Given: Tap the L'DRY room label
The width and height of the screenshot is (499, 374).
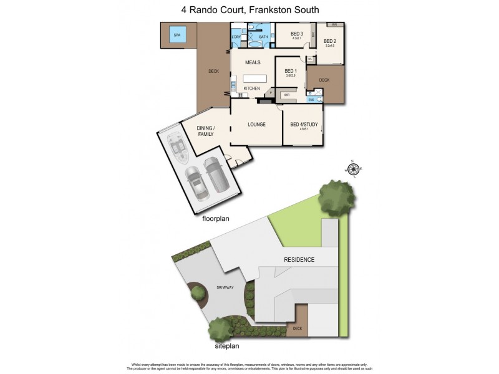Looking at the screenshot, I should pyautogui.click(x=236, y=37).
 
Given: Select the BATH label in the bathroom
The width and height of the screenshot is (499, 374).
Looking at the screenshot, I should pyautogui.click(x=263, y=37).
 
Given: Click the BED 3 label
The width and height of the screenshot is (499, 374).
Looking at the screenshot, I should pyautogui.click(x=297, y=34).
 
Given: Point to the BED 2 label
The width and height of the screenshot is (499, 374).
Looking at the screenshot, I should pyautogui.click(x=329, y=41).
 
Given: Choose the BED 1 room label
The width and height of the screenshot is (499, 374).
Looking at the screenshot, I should pyautogui.click(x=291, y=71).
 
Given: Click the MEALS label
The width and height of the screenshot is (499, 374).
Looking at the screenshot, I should pyautogui.click(x=252, y=63).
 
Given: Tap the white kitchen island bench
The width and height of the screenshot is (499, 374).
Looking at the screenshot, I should pyautogui.click(x=254, y=79).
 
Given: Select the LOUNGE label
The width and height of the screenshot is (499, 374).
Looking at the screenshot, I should pyautogui.click(x=256, y=124).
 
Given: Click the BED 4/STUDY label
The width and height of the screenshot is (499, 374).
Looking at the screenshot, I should pyautogui.click(x=304, y=124).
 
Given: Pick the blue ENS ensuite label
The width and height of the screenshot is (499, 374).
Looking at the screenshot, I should pyautogui.click(x=311, y=100).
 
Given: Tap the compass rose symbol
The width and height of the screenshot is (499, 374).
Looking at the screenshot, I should pyautogui.click(x=354, y=169).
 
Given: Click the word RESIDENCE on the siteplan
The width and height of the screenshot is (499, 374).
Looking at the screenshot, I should pyautogui.click(x=299, y=259).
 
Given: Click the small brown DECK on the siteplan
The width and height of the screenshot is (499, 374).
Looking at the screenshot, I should pyautogui.click(x=297, y=328).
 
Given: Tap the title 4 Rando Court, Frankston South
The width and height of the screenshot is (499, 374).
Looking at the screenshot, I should pyautogui.click(x=249, y=10).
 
